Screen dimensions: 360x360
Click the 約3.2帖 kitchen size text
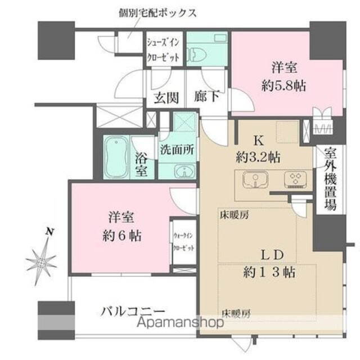tap(258, 157)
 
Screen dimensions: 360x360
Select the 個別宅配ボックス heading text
tap(157, 12)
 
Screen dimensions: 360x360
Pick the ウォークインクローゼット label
tap(183, 241)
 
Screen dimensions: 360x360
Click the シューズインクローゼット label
tap(164, 50)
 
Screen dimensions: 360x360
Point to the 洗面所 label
tap(177, 150)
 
